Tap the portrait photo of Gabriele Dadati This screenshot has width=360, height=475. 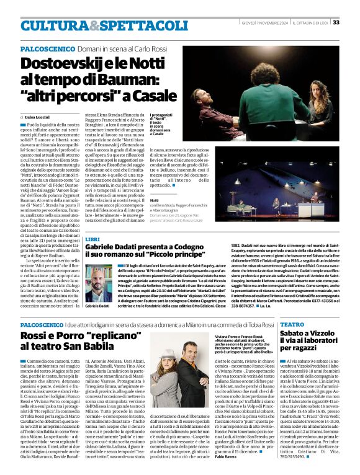click(x=99, y=284)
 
